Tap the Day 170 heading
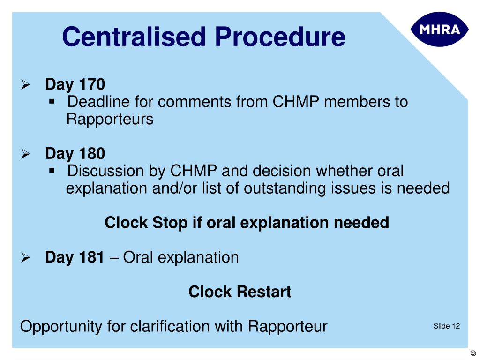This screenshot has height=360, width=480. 75,85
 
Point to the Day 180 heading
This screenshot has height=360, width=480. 75,154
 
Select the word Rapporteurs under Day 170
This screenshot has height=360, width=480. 110,119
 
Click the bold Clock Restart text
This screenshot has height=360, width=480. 240,292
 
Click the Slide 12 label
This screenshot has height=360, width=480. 446,326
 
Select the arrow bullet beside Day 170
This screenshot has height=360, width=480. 26,85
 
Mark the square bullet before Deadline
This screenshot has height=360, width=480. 52,101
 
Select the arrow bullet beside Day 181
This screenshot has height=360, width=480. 26,258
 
